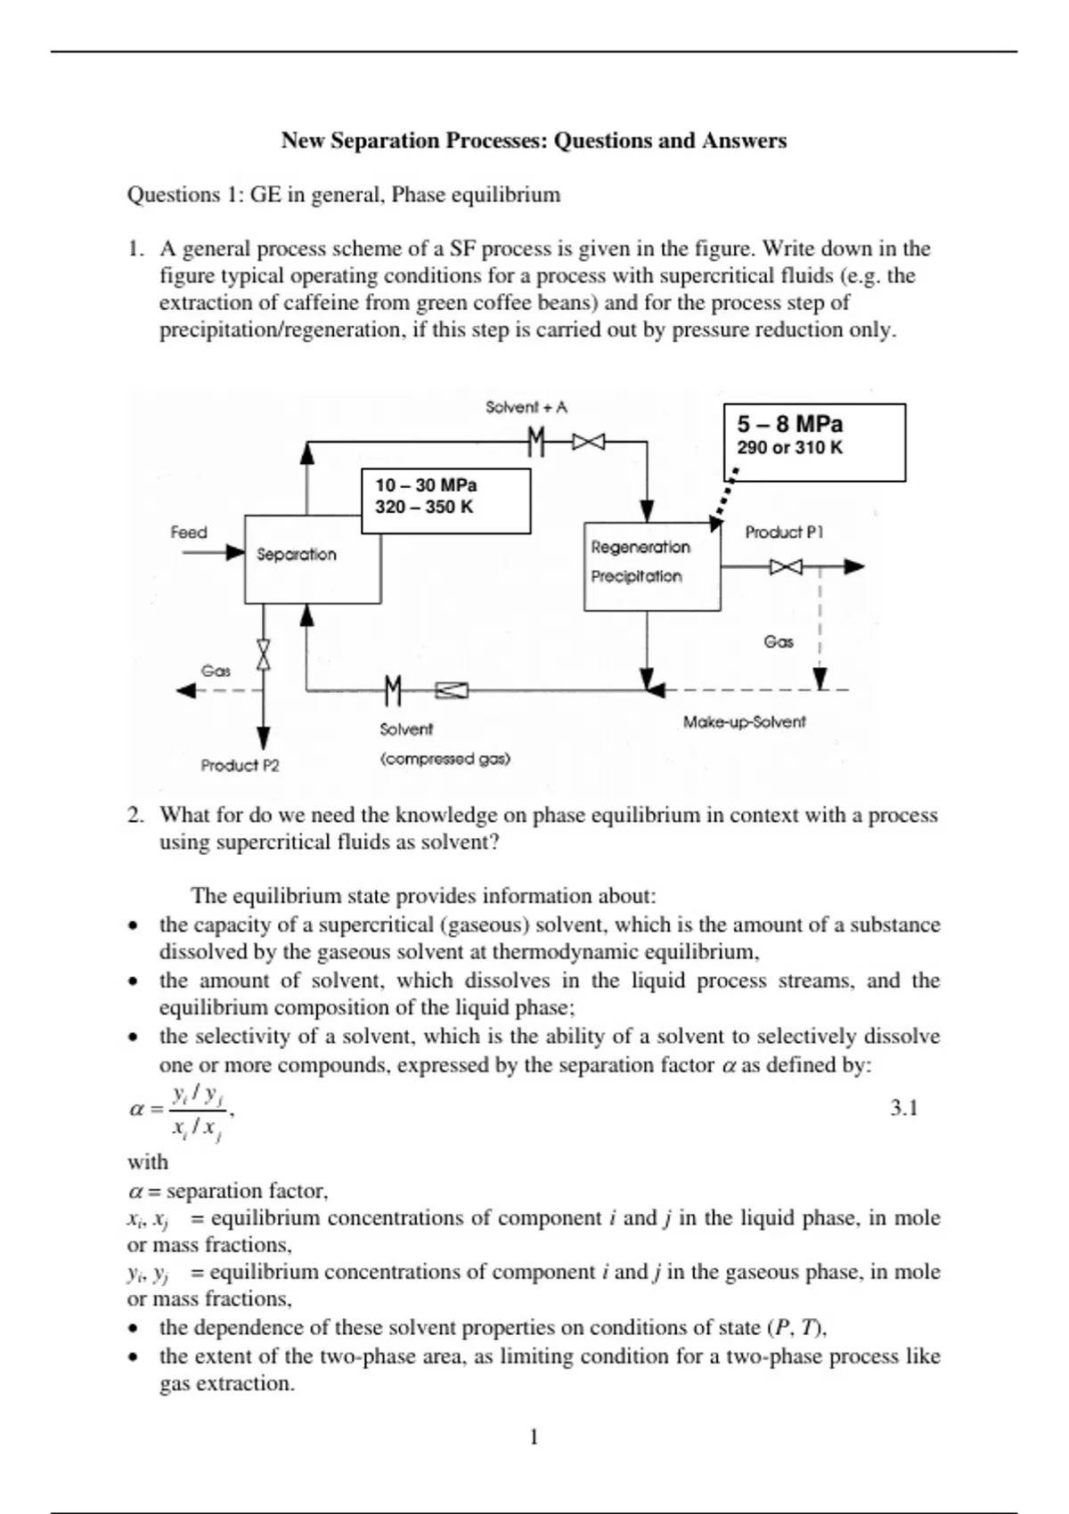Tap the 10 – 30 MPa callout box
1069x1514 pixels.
pyautogui.click(x=445, y=501)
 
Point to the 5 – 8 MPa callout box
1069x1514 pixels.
pyautogui.click(x=814, y=442)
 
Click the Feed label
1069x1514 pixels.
pyautogui.click(x=189, y=533)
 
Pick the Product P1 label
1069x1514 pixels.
pyautogui.click(x=784, y=533)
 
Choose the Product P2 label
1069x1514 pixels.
pyautogui.click(x=240, y=766)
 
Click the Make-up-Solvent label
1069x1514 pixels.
pyautogui.click(x=744, y=722)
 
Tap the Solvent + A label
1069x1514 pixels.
pyautogui.click(x=526, y=408)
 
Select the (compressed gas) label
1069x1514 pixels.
pyautogui.click(x=445, y=760)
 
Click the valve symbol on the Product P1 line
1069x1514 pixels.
pyautogui.click(x=786, y=566)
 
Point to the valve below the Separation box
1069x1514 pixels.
pyautogui.click(x=264, y=655)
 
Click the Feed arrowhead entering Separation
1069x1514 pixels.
pyautogui.click(x=235, y=553)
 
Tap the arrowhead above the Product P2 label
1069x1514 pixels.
pyautogui.click(x=264, y=737)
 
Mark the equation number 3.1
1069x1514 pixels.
pyautogui.click(x=903, y=1108)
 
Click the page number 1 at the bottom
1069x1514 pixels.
pyautogui.click(x=534, y=1437)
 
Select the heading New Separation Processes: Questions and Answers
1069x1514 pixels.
pyautogui.click(x=534, y=141)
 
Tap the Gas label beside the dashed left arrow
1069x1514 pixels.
pyautogui.click(x=216, y=672)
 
